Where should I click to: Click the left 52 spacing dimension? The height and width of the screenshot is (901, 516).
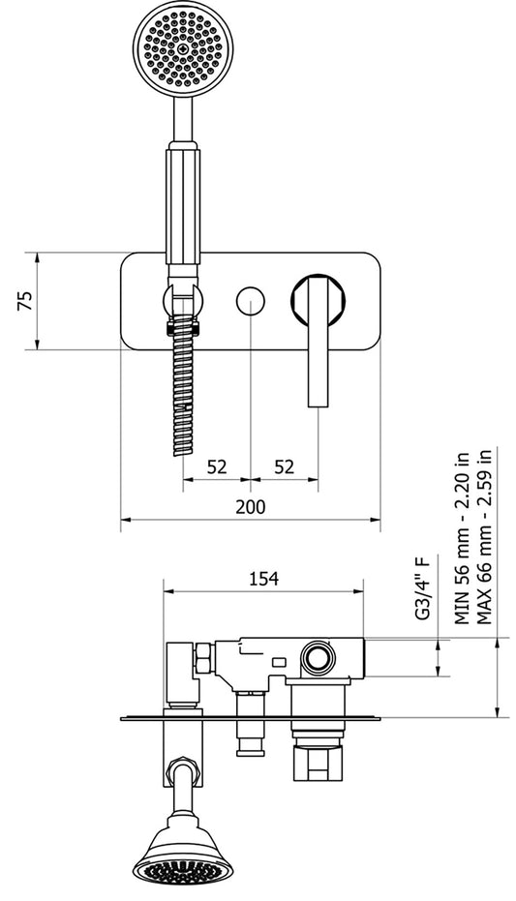tap(217, 466)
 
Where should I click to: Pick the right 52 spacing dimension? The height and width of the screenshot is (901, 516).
tap(284, 466)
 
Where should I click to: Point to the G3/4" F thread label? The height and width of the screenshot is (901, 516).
tap(421, 587)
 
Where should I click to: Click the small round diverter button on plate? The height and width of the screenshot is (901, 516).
tap(251, 301)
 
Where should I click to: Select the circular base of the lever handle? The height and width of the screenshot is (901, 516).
tap(319, 300)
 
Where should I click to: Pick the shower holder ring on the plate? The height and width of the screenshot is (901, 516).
tap(184, 301)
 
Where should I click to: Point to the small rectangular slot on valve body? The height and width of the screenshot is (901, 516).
tap(279, 662)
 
